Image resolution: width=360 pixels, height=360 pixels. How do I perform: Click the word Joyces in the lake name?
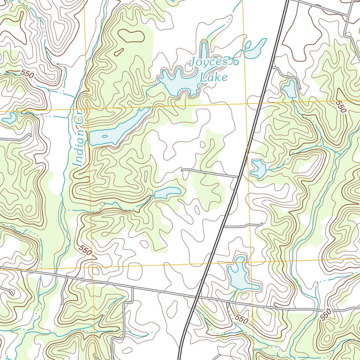point(208,62)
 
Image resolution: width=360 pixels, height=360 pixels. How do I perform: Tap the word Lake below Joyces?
point(213,77)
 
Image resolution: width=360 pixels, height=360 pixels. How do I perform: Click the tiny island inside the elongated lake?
point(105,136)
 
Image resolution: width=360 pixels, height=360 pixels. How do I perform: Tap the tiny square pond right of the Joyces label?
point(236,63)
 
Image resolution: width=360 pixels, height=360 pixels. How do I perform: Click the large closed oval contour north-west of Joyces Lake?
point(131,36)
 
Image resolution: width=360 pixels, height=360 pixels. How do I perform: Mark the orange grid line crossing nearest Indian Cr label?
point(88,109)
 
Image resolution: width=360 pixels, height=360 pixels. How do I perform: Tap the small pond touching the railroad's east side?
point(258,168)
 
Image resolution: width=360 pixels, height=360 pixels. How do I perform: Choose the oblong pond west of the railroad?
point(168,192)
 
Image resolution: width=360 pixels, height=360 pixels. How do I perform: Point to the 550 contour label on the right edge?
point(341,107)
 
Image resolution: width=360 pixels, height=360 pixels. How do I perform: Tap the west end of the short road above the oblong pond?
point(182,170)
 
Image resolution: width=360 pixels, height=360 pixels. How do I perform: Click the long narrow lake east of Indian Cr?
point(118,129)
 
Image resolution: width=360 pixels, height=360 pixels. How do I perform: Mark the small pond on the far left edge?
point(9,118)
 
